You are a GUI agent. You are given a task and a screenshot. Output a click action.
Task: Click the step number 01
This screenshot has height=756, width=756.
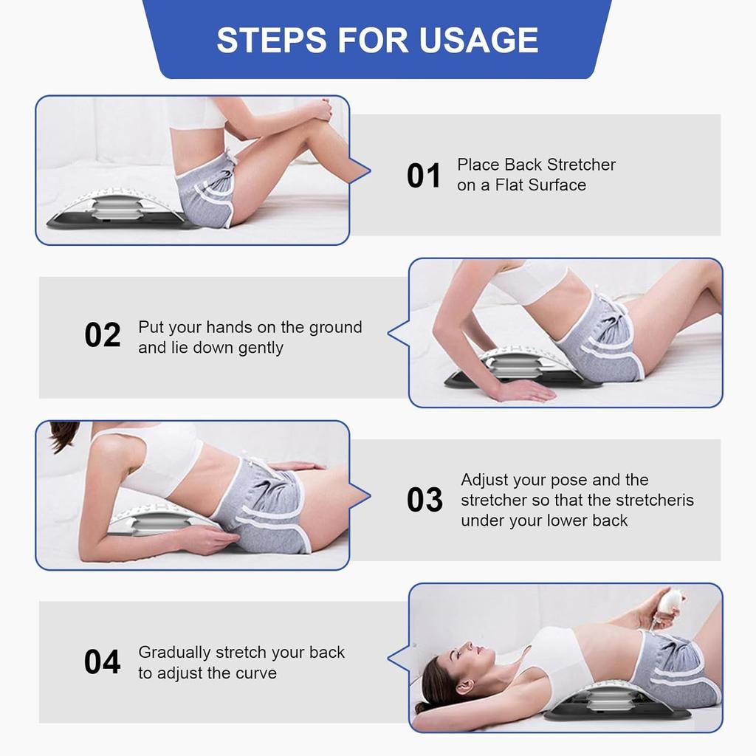pos(424,176)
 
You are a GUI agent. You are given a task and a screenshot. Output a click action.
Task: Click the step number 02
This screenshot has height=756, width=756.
pos(102,335)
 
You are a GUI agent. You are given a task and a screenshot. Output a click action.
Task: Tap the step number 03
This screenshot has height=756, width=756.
pos(425,501)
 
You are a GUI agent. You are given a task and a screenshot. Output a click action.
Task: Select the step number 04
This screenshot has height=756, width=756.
pos(102,662)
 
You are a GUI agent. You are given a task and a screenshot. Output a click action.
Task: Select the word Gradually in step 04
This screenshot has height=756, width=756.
pos(174,653)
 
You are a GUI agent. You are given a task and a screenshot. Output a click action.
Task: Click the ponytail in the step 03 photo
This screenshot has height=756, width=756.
pos(63,436)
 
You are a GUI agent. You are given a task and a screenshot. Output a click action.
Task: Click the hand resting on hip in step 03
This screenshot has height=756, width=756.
pos(295,466)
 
